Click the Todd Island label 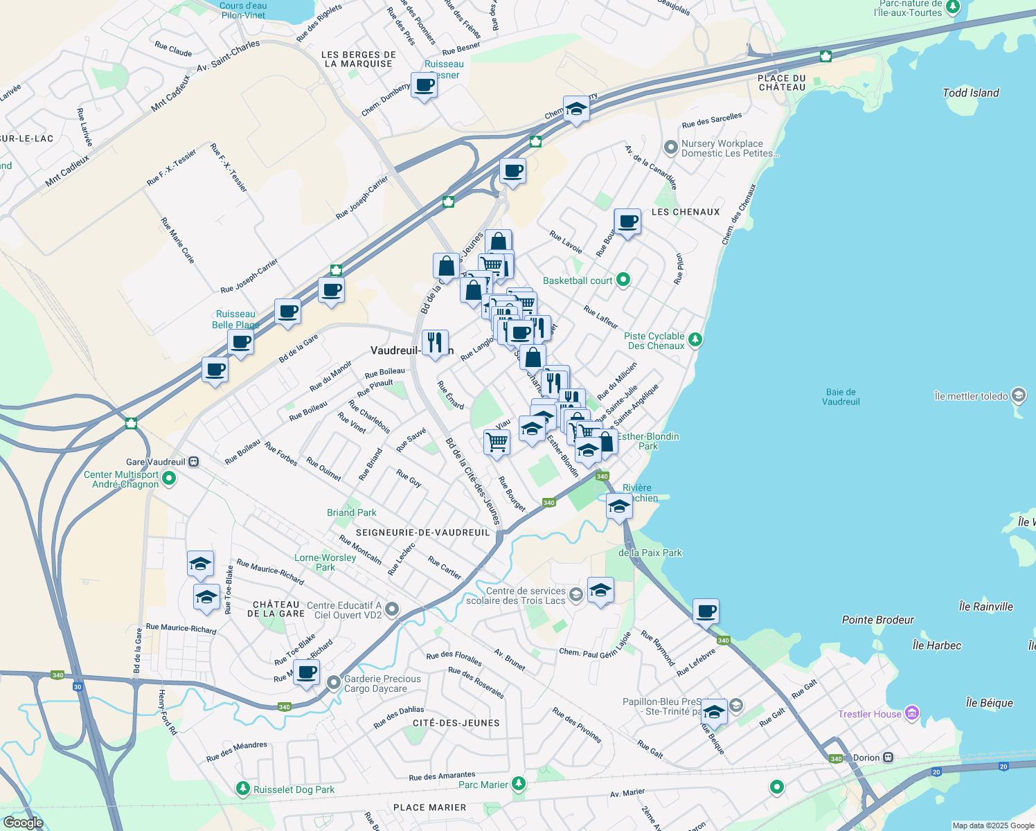pyautogui.click(x=970, y=93)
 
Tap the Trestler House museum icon pyautogui.click(x=912, y=713)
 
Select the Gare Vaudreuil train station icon pyautogui.click(x=194, y=462)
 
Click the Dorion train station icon pyautogui.click(x=888, y=758)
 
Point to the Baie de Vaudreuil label pyautogui.click(x=841, y=397)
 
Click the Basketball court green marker pyautogui.click(x=623, y=280)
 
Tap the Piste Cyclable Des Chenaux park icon pyautogui.click(x=695, y=339)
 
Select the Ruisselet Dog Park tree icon pyautogui.click(x=242, y=789)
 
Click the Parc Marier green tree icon pyautogui.click(x=518, y=784)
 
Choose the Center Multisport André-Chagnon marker pyautogui.click(x=169, y=479)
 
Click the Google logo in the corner pyautogui.click(x=23, y=823)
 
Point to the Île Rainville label pyautogui.click(x=985, y=607)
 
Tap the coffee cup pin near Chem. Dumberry pyautogui.click(x=424, y=86)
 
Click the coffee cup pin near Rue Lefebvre pyautogui.click(x=706, y=611)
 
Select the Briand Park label pyautogui.click(x=352, y=512)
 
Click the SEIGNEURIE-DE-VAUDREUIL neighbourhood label pyautogui.click(x=422, y=533)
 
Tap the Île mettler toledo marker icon pyautogui.click(x=1018, y=395)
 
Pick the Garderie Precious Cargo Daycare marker pyautogui.click(x=334, y=683)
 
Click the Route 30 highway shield pyautogui.click(x=78, y=687)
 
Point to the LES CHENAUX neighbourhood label pyautogui.click(x=685, y=212)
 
